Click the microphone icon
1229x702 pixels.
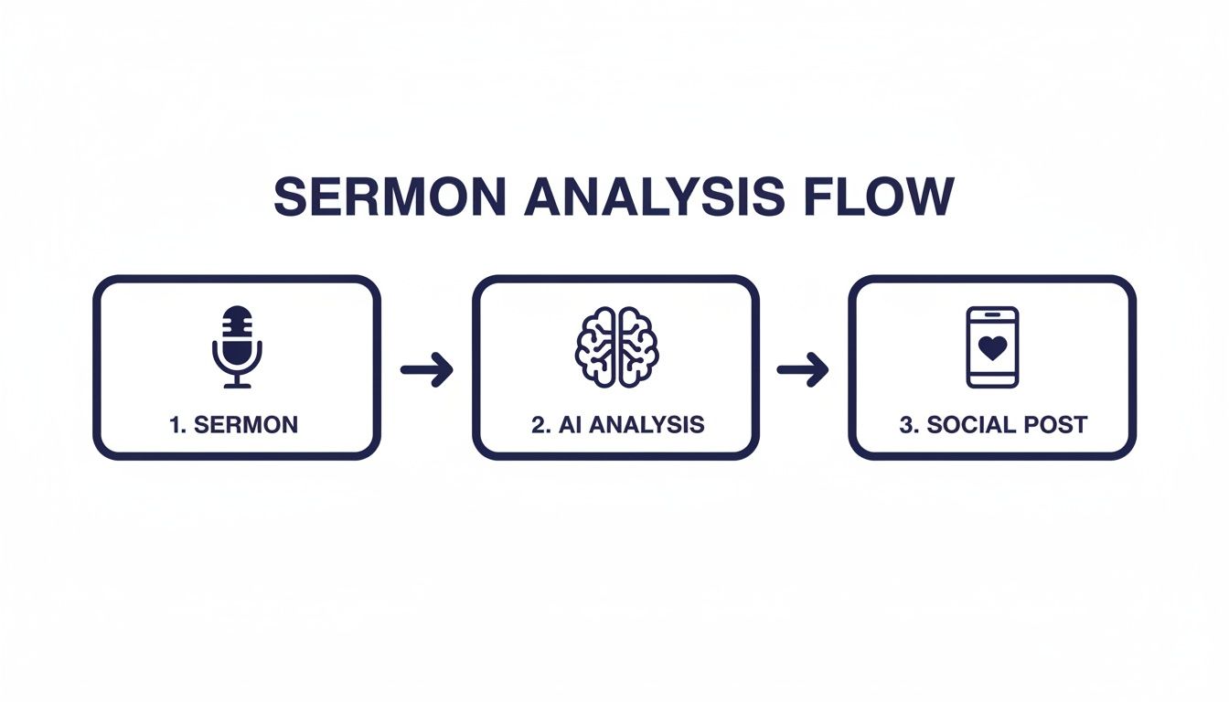[237, 346]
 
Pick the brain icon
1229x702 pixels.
[616, 346]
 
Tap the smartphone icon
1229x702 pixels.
[992, 346]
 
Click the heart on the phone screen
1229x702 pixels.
[992, 347]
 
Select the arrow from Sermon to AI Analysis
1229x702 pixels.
[427, 369]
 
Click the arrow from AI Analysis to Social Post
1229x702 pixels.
[803, 369]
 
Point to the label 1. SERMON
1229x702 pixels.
[234, 424]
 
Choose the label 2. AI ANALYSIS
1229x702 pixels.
[618, 424]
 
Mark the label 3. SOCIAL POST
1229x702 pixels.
[993, 424]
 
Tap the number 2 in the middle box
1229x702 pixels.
[538, 424]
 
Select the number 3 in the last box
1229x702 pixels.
[905, 424]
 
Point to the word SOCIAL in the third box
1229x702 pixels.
[972, 424]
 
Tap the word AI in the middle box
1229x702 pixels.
[567, 424]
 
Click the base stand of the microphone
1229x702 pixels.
[237, 384]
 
